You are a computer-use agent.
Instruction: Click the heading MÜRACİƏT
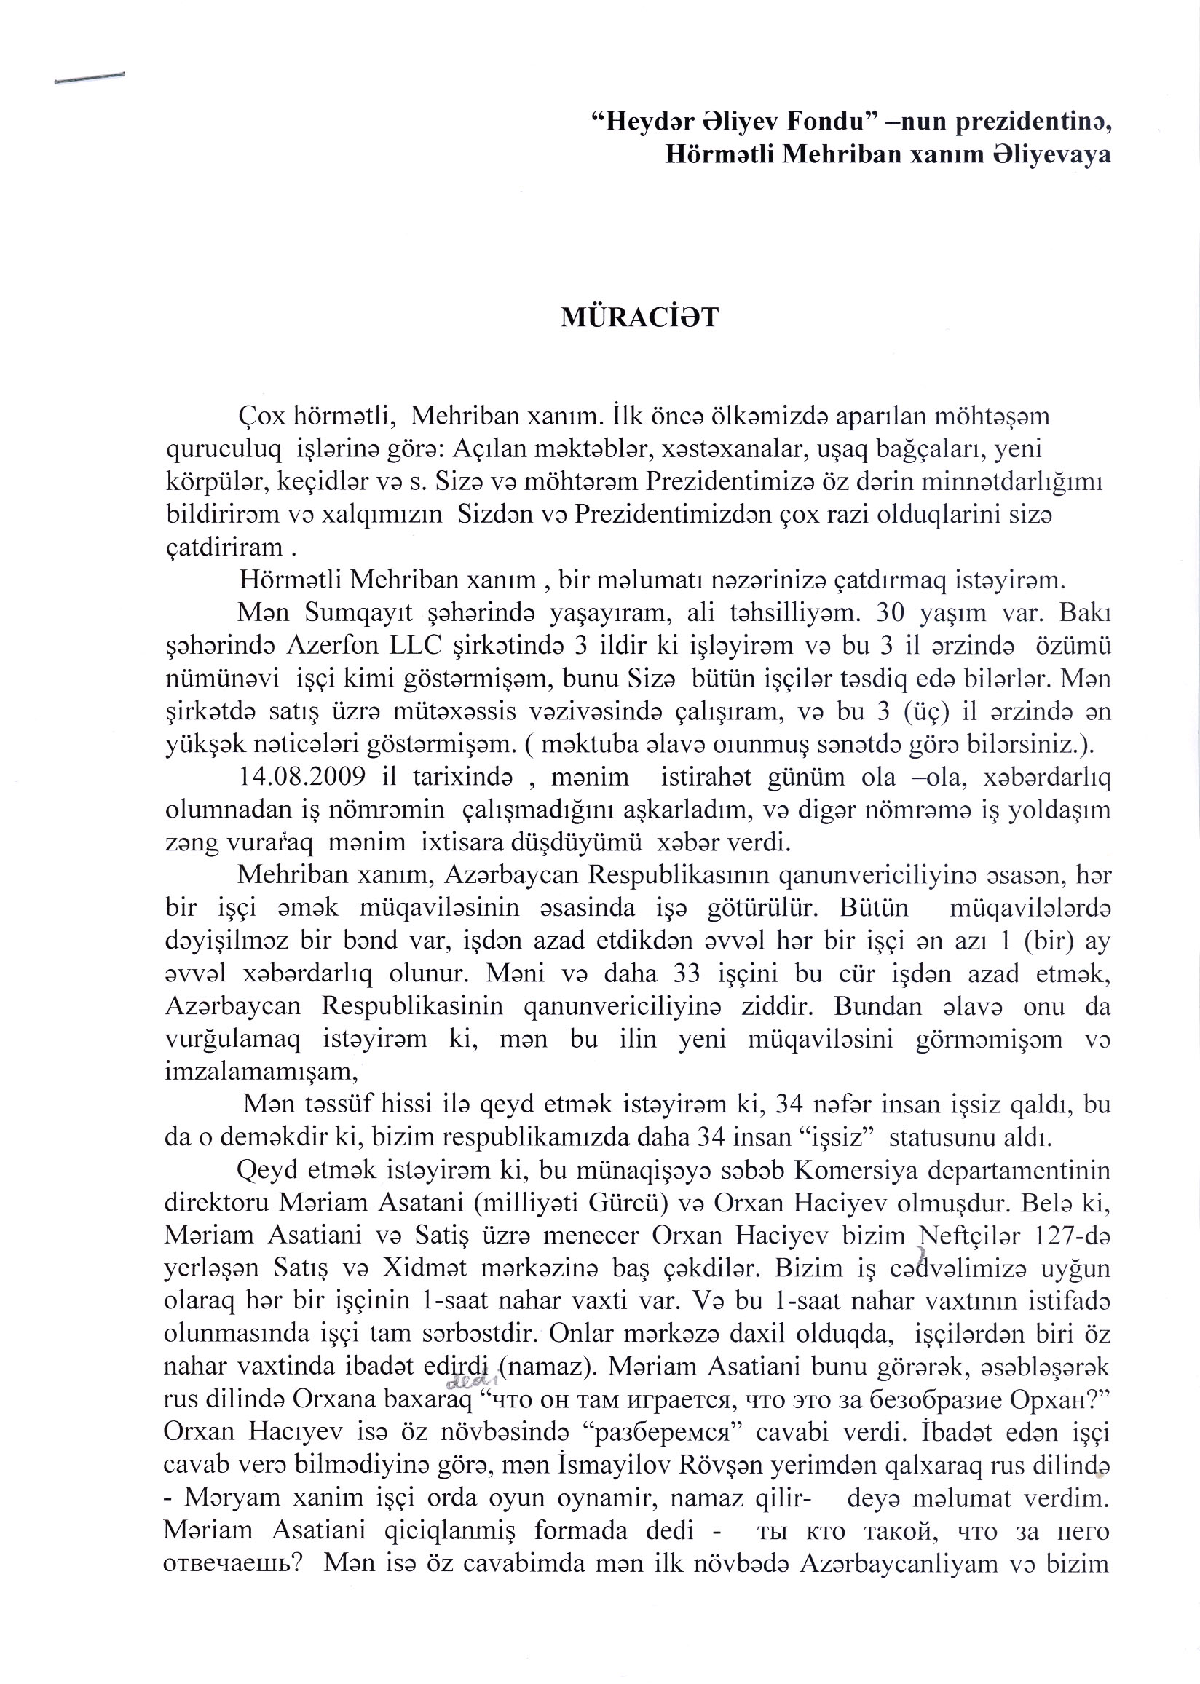pos(639,317)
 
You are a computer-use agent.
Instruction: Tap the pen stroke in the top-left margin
pos(90,79)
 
